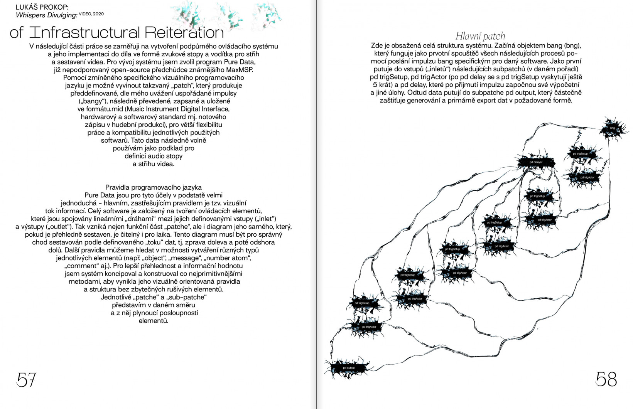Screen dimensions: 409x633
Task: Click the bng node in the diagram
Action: [x=612, y=128]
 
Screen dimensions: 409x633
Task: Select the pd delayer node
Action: [x=536, y=162]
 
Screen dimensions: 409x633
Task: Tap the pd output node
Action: [x=349, y=368]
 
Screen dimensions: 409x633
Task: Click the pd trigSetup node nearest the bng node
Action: [x=580, y=154]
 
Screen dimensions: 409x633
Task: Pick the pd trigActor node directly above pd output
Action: [x=369, y=327]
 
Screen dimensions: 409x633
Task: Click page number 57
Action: [x=26, y=380]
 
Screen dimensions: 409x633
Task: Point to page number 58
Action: [x=606, y=379]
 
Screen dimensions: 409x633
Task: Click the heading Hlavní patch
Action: [x=480, y=36]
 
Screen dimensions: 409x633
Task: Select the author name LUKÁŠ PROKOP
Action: [x=42, y=7]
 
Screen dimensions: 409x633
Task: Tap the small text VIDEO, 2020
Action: [x=91, y=14]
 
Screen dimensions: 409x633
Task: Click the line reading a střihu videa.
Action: [x=154, y=164]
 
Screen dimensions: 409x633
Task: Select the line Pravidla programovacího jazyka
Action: [x=154, y=187]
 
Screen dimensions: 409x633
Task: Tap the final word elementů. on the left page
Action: [x=154, y=321]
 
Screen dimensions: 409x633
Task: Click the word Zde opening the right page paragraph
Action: [x=376, y=45]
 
